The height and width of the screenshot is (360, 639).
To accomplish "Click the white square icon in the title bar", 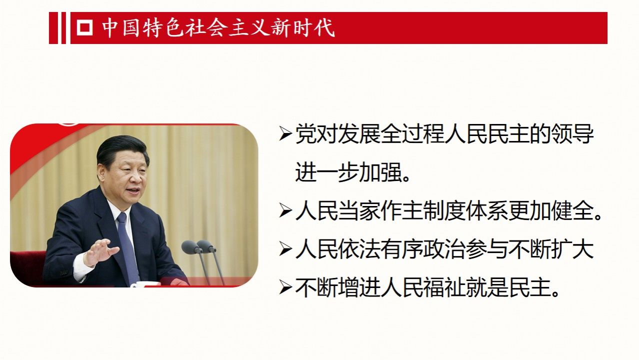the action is (x=84, y=27).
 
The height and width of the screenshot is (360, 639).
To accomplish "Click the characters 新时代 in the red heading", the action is (x=303, y=28).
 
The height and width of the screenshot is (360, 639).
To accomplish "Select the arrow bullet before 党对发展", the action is (x=285, y=134).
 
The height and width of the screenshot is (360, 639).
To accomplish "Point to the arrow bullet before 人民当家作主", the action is (x=285, y=210).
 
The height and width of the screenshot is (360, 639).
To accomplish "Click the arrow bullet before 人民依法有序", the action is (x=285, y=249).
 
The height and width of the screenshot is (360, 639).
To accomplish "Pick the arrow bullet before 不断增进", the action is (x=285, y=287).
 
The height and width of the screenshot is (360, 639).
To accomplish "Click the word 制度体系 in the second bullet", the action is (x=466, y=211).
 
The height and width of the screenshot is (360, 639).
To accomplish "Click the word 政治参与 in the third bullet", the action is (x=466, y=249).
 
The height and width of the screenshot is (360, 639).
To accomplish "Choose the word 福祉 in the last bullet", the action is (x=444, y=287).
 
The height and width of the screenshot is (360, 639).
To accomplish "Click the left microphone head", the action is (x=189, y=247).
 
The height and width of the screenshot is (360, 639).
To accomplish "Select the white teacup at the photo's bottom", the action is (x=145, y=284).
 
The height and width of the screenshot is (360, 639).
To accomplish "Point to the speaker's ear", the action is (x=101, y=172).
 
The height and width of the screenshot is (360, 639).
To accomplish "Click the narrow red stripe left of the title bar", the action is (x=63, y=28).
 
